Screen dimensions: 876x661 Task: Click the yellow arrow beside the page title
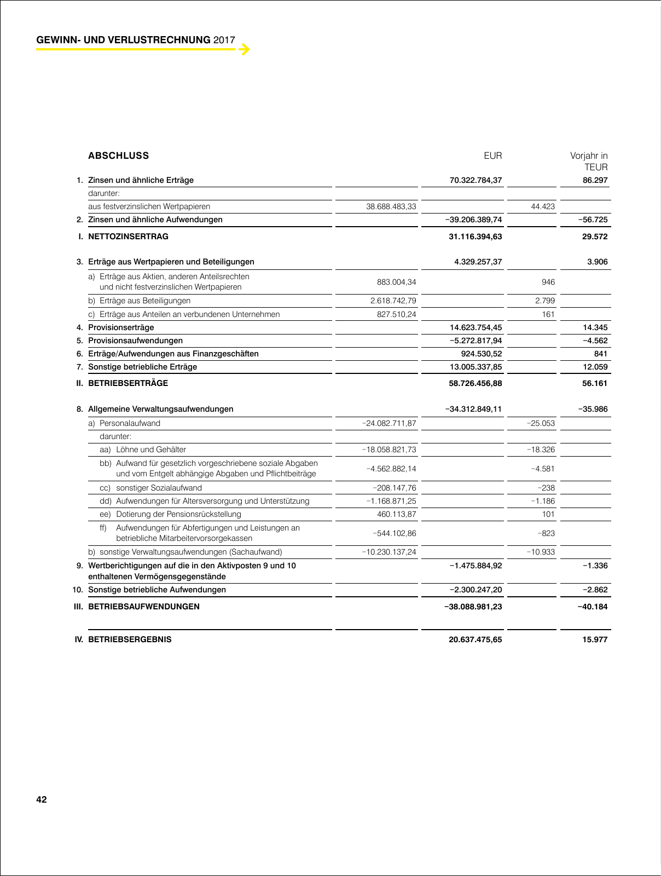(245, 49)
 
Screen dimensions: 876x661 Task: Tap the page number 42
(42, 800)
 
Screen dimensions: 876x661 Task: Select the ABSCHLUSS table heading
(118, 155)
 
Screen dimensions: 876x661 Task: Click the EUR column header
(492, 155)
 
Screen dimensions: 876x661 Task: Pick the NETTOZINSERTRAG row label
(128, 237)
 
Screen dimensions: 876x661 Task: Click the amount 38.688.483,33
(391, 207)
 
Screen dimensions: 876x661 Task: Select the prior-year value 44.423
(543, 207)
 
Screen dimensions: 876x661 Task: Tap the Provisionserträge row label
(121, 327)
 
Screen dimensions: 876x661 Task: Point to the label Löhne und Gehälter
(151, 449)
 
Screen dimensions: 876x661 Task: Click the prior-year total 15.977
(595, 639)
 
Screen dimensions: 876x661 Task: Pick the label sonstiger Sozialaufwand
(159, 488)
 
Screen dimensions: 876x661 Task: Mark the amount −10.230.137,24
(389, 552)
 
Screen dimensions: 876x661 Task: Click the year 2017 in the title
(224, 40)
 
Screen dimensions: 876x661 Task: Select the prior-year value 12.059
(595, 367)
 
